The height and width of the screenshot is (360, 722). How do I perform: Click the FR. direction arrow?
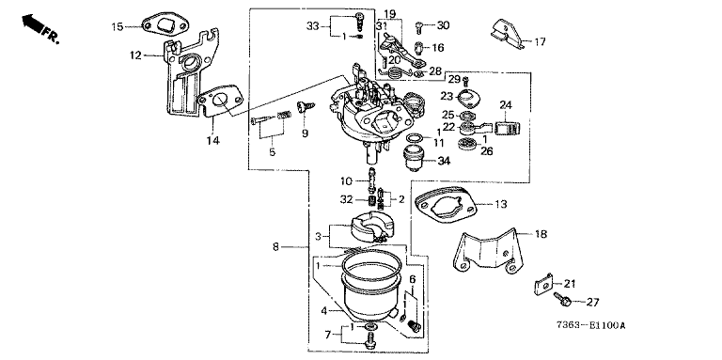point(30,23)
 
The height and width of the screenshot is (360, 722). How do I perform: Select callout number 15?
point(118,26)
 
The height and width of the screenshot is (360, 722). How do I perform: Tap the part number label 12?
point(135,55)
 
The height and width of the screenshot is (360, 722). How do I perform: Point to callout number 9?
point(305,133)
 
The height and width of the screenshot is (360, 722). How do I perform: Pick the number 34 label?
point(444,161)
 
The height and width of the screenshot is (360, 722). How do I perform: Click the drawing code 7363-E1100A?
point(590,326)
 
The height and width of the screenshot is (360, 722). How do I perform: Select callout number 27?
point(592,303)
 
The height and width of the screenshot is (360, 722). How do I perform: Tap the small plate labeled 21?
point(543,284)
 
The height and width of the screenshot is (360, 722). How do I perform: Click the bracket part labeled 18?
point(488,251)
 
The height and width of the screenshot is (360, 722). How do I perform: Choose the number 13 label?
point(500,204)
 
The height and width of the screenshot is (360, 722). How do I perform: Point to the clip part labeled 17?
point(507,34)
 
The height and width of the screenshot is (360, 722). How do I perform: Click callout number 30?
point(443,25)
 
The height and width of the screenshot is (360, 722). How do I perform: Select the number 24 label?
point(506,105)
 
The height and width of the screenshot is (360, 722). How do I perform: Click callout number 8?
point(275,247)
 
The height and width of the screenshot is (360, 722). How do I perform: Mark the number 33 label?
point(313,26)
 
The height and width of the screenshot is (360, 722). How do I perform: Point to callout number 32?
point(346,200)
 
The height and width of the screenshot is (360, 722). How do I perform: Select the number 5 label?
point(272,152)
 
